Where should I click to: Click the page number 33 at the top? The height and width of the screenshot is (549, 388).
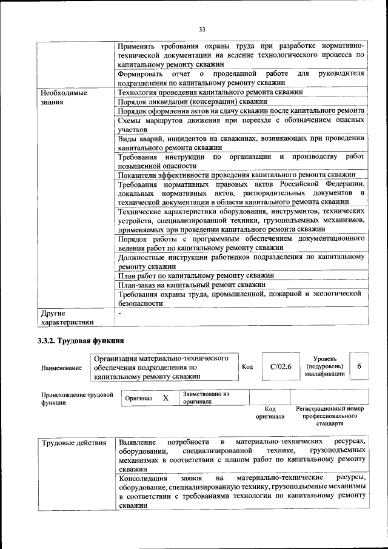point(202,29)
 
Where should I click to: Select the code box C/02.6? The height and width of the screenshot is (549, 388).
point(281,366)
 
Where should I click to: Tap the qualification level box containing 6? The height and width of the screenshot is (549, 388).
point(359,366)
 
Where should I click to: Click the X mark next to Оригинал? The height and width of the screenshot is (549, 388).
point(165,398)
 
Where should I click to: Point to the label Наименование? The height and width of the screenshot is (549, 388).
point(61,368)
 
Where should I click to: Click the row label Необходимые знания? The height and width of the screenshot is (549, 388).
point(63,98)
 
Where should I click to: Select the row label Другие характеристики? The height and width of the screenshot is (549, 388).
point(67,317)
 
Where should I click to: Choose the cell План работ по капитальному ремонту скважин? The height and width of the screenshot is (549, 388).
point(195,275)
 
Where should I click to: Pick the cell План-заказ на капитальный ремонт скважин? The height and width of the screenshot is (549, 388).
point(192,284)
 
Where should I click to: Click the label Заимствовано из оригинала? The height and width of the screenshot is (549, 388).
point(206,397)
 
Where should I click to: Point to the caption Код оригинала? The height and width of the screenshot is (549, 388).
point(270,413)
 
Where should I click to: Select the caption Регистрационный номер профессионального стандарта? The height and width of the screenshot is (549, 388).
point(330,416)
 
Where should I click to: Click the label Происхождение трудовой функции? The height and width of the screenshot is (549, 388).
point(77,398)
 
